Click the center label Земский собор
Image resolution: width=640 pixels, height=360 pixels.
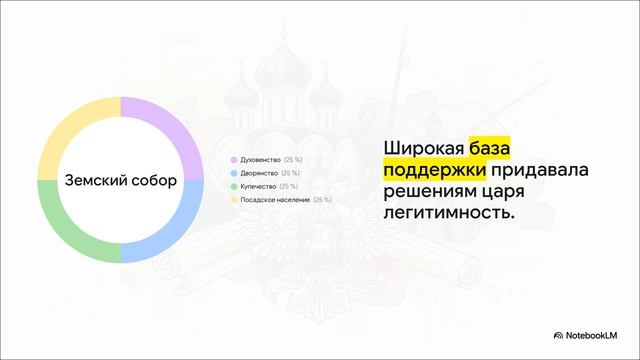tap(120, 181)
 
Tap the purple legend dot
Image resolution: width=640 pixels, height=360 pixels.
tap(233, 160)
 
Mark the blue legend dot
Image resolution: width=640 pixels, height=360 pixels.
tap(233, 173)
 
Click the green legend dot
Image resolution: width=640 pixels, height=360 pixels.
tap(233, 186)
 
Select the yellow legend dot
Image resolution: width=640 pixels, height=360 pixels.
tap(233, 200)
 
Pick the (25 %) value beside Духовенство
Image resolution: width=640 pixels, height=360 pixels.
tap(293, 160)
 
